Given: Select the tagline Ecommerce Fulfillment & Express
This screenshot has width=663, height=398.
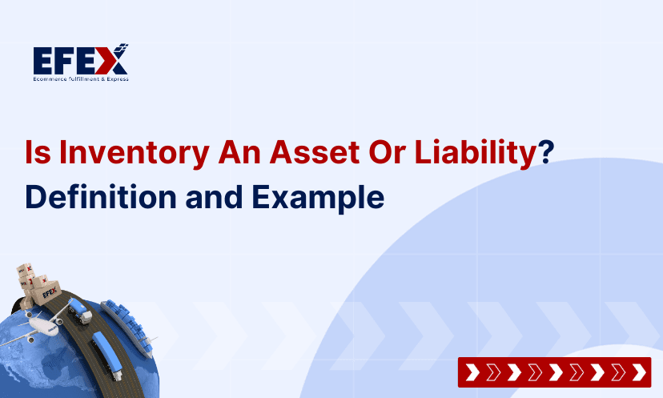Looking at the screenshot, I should (x=80, y=78).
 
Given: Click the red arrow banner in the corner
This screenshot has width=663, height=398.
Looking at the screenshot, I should (x=554, y=372).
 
